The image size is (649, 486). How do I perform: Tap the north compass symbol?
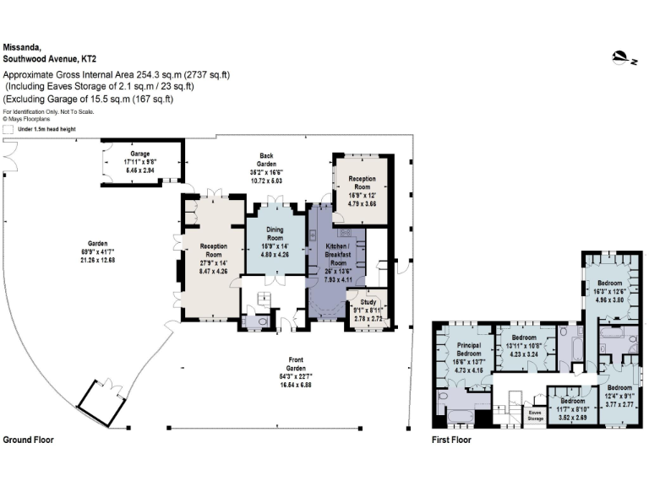coord(624,58)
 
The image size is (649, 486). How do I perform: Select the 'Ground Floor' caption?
coord(28,440)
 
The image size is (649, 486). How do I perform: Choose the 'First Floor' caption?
coord(450,440)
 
